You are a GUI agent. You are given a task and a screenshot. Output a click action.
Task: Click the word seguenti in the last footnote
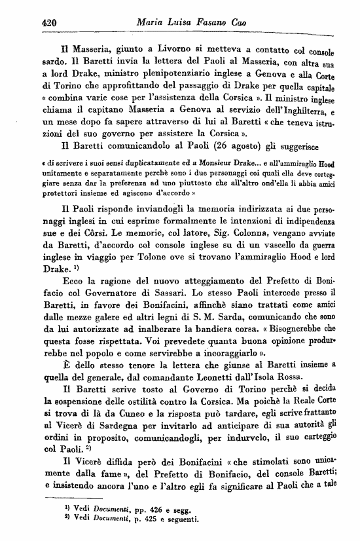[x=179, y=520]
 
